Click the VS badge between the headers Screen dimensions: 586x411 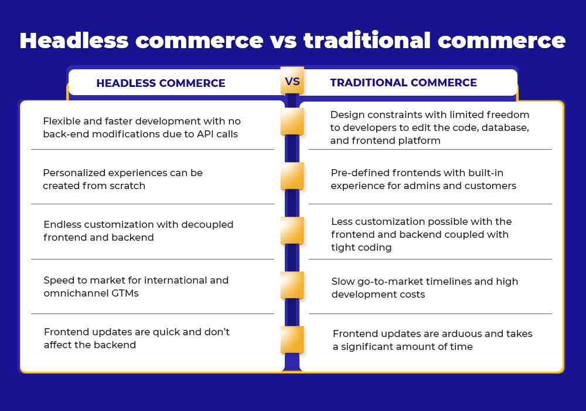[x=292, y=81]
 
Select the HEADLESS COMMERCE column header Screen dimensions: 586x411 [x=161, y=83]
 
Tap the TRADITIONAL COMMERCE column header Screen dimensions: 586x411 [x=403, y=83]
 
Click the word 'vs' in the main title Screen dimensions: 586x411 [x=283, y=42]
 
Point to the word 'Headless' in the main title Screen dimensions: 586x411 [x=74, y=41]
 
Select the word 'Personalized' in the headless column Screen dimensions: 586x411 [x=73, y=173]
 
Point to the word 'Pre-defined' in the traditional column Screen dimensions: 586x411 [x=359, y=173]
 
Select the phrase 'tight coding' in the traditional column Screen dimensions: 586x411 [x=362, y=248]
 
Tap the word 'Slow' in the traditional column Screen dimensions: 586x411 [x=343, y=281]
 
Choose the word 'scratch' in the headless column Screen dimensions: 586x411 [x=127, y=186]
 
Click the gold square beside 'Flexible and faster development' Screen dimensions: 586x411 [x=292, y=122]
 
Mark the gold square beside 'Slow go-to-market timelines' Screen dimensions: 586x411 [x=292, y=285]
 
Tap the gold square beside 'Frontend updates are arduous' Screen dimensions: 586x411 [x=292, y=340]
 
